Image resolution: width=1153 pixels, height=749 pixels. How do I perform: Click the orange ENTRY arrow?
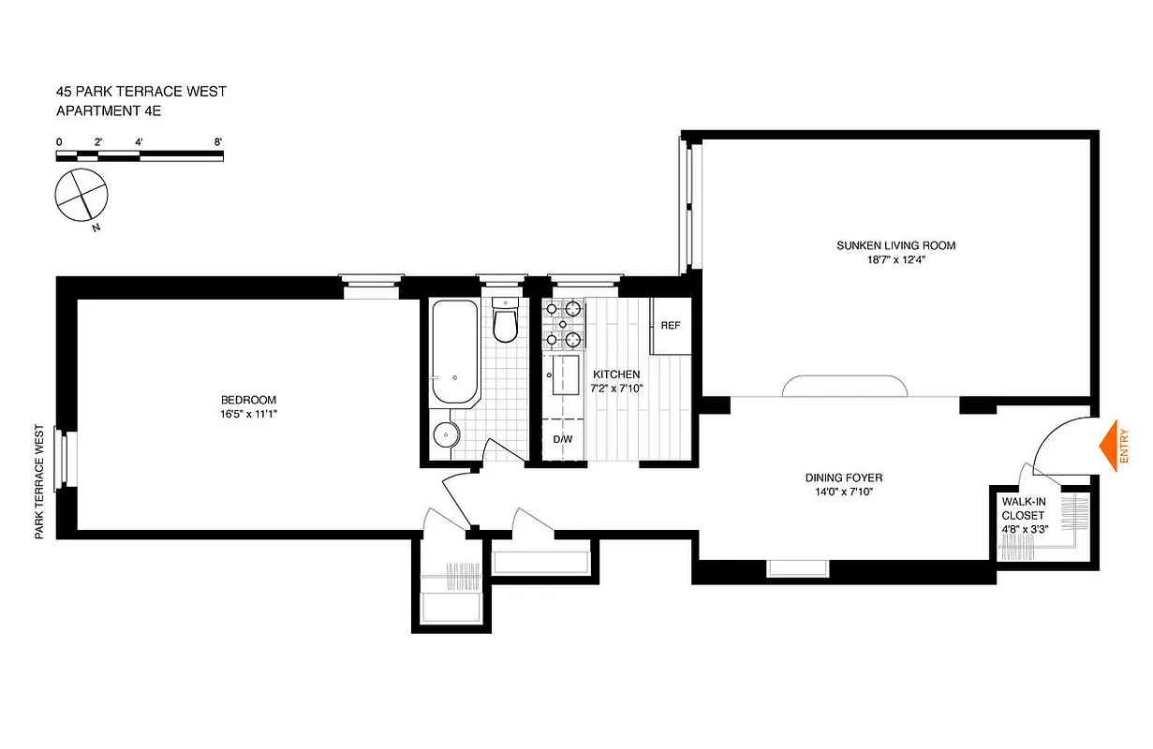click(x=1113, y=445)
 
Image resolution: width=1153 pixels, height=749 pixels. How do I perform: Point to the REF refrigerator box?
click(x=670, y=326)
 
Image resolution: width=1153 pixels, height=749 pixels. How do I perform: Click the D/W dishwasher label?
click(x=562, y=439)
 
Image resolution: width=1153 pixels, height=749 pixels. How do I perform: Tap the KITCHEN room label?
click(x=616, y=374)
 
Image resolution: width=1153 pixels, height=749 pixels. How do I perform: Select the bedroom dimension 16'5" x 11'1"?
click(x=247, y=413)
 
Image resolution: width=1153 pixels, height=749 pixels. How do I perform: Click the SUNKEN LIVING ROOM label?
click(x=895, y=246)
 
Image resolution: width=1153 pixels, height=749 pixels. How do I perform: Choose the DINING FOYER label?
click(x=843, y=477)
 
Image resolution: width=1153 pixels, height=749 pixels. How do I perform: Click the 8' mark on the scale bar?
click(x=217, y=142)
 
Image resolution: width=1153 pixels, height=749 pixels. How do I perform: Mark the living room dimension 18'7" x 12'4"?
click(x=895, y=261)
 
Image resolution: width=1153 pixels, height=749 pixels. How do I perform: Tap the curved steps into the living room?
click(x=846, y=386)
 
